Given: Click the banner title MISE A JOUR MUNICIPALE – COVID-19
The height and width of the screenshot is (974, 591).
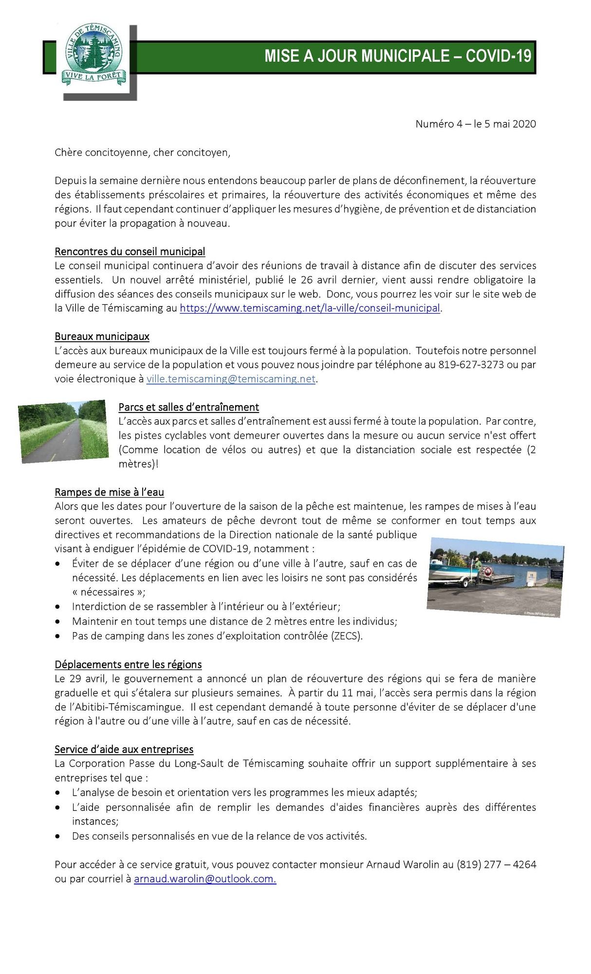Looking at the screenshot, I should (397, 56).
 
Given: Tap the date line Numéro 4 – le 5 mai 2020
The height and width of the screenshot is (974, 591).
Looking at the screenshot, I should (475, 124).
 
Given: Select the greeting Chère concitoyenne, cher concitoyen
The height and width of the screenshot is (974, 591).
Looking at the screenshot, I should (142, 152).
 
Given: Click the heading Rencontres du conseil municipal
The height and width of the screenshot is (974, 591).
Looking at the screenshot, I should (129, 252).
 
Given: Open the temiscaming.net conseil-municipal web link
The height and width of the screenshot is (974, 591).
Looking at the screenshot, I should (310, 308).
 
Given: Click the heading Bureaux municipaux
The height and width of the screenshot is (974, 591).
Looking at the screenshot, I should (102, 337).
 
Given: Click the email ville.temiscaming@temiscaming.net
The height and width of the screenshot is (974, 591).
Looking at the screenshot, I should (231, 379).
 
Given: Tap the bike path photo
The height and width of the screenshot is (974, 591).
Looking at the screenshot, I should (63, 431).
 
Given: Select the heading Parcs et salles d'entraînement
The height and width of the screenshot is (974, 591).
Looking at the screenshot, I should (188, 407).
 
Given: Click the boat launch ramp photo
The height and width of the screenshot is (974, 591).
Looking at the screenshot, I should (495, 577).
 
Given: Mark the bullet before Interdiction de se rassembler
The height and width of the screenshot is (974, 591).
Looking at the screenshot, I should (58, 607).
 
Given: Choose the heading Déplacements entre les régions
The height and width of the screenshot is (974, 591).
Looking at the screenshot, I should (128, 665).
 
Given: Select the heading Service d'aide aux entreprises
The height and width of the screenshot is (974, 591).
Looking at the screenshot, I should (124, 749).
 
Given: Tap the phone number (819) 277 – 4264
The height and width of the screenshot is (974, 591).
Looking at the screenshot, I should (496, 865).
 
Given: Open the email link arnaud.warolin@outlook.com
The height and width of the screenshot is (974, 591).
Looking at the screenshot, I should (205, 879).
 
